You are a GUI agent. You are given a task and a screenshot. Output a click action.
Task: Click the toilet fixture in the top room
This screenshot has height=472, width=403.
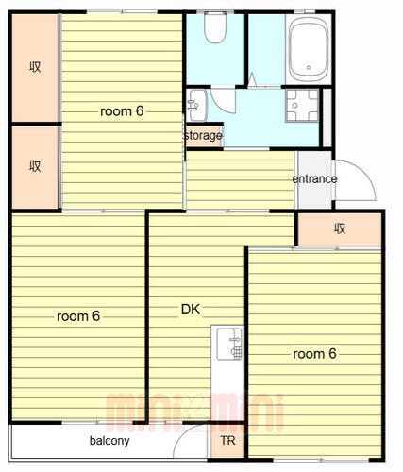coord(215,27)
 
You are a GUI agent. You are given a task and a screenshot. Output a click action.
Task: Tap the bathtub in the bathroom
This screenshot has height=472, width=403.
coord(309,49)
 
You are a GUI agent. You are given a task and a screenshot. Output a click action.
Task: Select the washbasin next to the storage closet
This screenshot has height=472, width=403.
coord(197,105)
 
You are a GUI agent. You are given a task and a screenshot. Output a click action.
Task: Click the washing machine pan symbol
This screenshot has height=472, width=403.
coord(302,105)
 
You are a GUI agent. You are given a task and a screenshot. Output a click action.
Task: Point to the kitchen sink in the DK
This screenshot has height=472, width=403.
coord(230,344)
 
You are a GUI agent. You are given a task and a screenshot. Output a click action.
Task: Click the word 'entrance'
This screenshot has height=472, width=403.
coord(314,179)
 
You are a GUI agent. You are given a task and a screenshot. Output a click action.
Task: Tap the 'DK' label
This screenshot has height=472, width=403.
coord(191,310)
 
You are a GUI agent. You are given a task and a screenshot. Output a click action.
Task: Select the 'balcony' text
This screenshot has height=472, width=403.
coord(109,441)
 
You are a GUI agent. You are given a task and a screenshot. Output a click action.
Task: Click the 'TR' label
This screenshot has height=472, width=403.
coord(227,441)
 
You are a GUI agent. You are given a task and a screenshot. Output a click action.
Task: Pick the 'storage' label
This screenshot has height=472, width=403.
coord(203,136)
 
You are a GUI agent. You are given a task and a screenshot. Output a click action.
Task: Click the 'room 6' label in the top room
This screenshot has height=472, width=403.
coord(122,111)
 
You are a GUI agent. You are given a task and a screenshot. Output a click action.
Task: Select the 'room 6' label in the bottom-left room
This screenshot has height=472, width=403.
coord(78,316)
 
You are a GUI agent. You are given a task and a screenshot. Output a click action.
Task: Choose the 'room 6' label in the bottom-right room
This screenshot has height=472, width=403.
coord(314,354)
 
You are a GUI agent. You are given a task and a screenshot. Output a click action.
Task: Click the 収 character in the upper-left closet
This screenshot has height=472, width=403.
coord(35,67)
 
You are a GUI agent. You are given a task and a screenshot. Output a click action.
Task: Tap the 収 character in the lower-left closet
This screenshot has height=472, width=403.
coord(35,166)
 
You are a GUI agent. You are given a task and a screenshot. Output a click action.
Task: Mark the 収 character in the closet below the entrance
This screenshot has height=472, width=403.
coord(340,228)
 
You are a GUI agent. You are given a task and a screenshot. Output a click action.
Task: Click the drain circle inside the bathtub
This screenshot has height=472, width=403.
coord(309,67)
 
